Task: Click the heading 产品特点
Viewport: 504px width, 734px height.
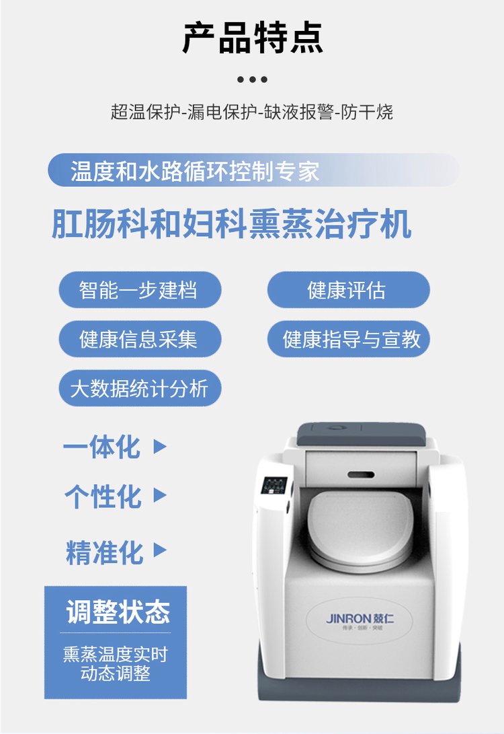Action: point(252,38)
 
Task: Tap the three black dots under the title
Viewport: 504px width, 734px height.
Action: point(252,79)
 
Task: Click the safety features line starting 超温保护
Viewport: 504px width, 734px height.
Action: point(252,112)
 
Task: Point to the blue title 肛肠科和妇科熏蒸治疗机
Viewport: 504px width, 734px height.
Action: point(231,225)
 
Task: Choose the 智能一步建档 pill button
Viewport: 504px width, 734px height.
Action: point(140,290)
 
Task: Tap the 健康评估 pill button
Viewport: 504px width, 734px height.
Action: point(348,290)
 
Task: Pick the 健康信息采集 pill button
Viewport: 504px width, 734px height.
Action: point(140,339)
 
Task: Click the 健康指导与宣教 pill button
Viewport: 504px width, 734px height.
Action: point(348,339)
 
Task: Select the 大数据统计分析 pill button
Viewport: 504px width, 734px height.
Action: point(140,389)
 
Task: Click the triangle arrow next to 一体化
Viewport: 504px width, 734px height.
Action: point(160,447)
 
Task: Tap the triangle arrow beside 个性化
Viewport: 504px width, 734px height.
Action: point(160,495)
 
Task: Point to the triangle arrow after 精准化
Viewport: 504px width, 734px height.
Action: point(160,550)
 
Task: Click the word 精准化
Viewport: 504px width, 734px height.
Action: point(104,552)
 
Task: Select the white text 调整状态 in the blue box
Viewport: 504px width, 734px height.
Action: point(118,612)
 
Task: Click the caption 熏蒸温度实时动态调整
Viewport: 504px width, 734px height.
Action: point(116,664)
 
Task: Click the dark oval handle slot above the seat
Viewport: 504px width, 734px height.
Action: point(361,475)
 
